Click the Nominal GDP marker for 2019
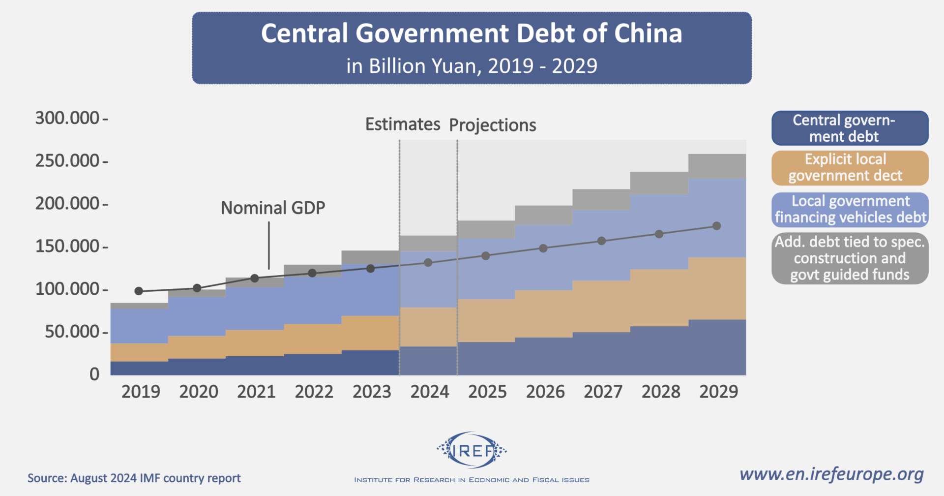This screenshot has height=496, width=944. pyautogui.click(x=139, y=291)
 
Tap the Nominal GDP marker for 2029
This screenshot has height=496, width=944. pyautogui.click(x=716, y=226)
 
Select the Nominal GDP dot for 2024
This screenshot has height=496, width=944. pyautogui.click(x=428, y=263)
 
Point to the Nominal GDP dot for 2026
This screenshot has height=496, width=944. pyautogui.click(x=543, y=248)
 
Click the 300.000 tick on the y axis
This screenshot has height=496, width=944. pyautogui.click(x=67, y=118)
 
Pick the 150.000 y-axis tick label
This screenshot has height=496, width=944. pyautogui.click(x=67, y=246)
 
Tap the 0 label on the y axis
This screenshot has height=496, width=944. pyautogui.click(x=94, y=374)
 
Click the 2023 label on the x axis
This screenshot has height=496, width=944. pyautogui.click(x=372, y=392)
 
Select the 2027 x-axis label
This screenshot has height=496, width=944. pyautogui.click(x=603, y=392)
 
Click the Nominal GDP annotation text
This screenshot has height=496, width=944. pyautogui.click(x=273, y=208)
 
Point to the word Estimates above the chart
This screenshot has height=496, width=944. pyautogui.click(x=403, y=124)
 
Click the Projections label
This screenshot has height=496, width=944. pyautogui.click(x=493, y=125)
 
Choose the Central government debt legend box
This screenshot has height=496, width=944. pyautogui.click(x=850, y=128)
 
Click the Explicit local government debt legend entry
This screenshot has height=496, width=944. pyautogui.click(x=850, y=168)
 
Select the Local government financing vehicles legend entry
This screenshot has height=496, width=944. pyautogui.click(x=850, y=209)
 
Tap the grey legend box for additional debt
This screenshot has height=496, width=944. pyautogui.click(x=850, y=258)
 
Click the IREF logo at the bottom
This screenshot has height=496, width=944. pyautogui.click(x=471, y=450)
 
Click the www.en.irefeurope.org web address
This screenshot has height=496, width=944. pyautogui.click(x=831, y=474)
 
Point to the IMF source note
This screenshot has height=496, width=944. pyautogui.click(x=134, y=478)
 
